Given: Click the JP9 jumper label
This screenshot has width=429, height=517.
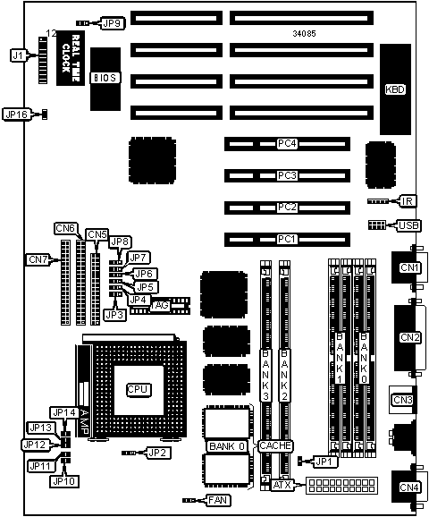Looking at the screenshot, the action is [x=113, y=23].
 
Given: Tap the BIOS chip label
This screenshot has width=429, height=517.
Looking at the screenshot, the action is [x=105, y=78].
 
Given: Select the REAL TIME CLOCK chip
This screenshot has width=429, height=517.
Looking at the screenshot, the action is [x=71, y=58].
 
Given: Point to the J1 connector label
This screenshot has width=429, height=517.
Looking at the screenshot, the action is [x=18, y=55].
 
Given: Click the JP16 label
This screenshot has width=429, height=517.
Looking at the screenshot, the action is [x=16, y=114].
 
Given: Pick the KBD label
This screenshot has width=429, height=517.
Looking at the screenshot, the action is [x=395, y=89].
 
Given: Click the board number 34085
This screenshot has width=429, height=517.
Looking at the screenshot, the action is [x=304, y=33].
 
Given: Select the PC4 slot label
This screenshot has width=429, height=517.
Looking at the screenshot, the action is [x=287, y=144].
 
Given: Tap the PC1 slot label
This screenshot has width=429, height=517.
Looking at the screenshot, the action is [x=286, y=239].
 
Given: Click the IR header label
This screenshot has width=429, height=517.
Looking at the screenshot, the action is [x=408, y=201].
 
